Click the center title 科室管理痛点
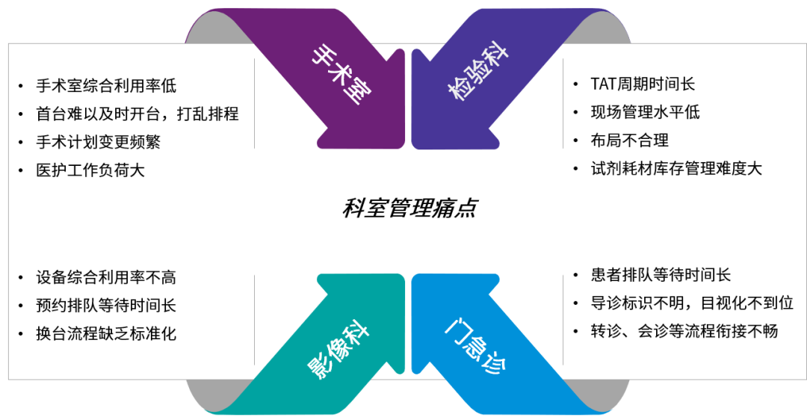click(409, 208)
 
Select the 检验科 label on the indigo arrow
click(478, 74)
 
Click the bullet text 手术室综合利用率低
click(106, 86)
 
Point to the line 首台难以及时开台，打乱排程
click(137, 114)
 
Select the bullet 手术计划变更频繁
click(98, 141)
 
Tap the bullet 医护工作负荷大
click(90, 170)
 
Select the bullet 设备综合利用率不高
click(106, 277)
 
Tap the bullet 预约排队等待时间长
click(106, 305)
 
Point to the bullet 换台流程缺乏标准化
click(106, 333)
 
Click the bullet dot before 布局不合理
click(575, 140)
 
